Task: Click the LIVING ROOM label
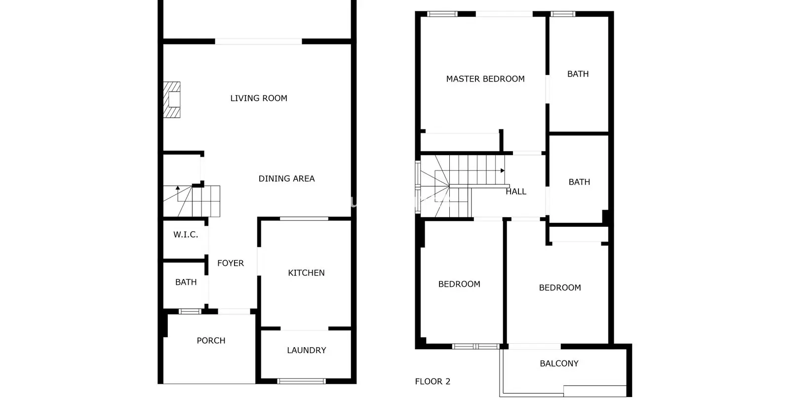point(259,98)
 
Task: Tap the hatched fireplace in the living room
point(172,100)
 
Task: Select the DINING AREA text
point(286,178)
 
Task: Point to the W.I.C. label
point(186,235)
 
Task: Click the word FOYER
point(230,263)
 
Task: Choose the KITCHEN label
point(306,273)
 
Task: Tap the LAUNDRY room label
point(306,350)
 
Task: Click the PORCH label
point(211,340)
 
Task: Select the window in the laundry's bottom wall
point(301,381)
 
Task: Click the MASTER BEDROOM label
point(485,79)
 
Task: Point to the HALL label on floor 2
point(516,192)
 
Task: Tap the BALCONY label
point(559,363)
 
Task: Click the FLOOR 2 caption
point(433,381)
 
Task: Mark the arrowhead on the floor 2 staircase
point(503,171)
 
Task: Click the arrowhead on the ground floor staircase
point(178,188)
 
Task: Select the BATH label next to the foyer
point(186,282)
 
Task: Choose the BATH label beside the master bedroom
point(578,74)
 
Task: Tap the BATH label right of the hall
point(579,182)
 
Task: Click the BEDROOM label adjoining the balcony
point(560,287)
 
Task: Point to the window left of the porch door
point(190,312)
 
